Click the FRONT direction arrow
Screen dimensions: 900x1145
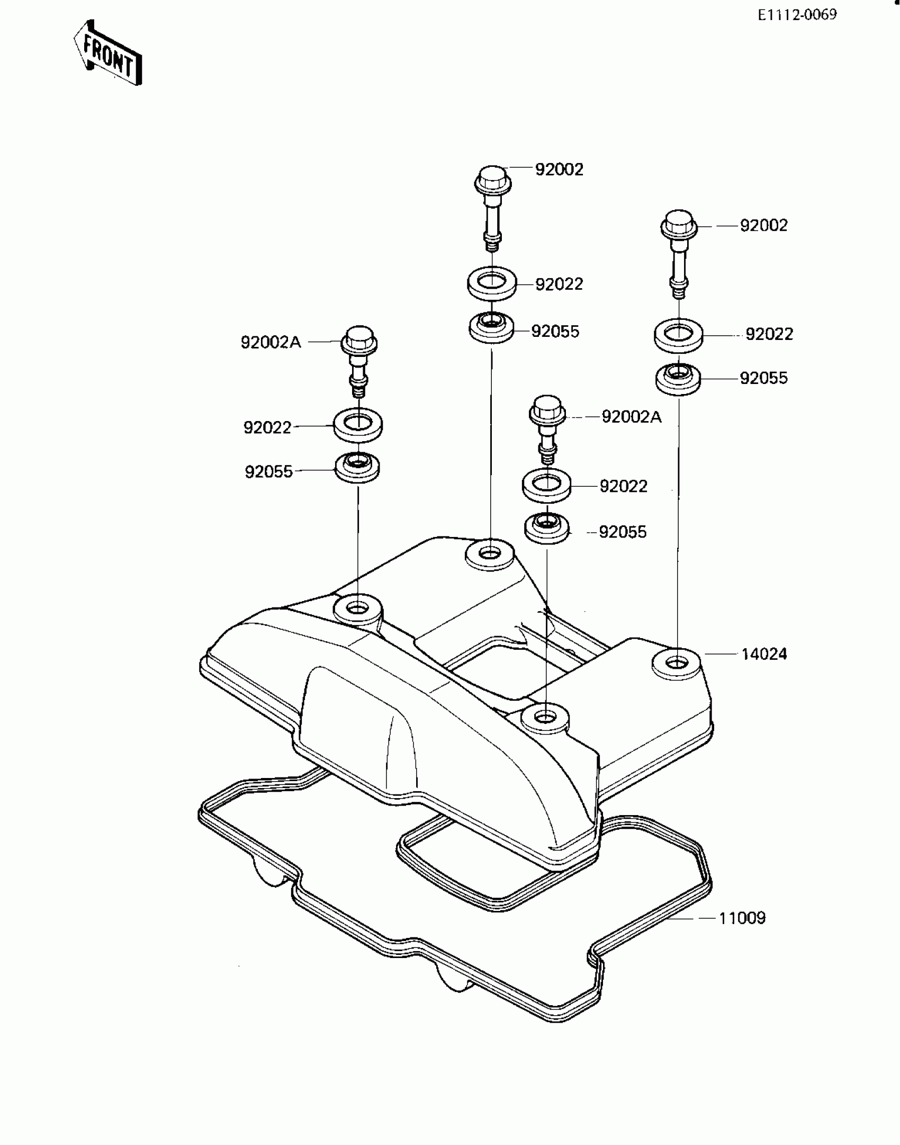pos(107,52)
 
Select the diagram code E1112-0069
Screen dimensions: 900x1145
pos(797,15)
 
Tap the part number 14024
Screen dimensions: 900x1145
pos(764,654)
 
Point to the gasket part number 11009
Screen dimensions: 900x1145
pos(742,918)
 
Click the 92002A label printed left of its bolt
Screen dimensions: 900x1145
pos(271,343)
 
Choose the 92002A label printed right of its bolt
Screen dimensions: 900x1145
pos(632,417)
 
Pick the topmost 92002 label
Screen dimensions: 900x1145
pos(559,169)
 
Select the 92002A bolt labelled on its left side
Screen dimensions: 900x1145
pos(359,360)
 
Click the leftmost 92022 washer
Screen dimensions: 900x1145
pos(358,424)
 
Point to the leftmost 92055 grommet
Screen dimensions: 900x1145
pos(358,467)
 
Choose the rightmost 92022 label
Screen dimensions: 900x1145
pos(769,334)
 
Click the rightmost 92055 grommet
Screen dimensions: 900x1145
pos(678,378)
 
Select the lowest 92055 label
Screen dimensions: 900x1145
pos(623,532)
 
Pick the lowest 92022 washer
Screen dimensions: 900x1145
pos(547,485)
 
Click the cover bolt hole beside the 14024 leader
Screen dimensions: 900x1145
pos(676,663)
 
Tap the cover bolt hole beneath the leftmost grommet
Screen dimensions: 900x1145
pos(358,609)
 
